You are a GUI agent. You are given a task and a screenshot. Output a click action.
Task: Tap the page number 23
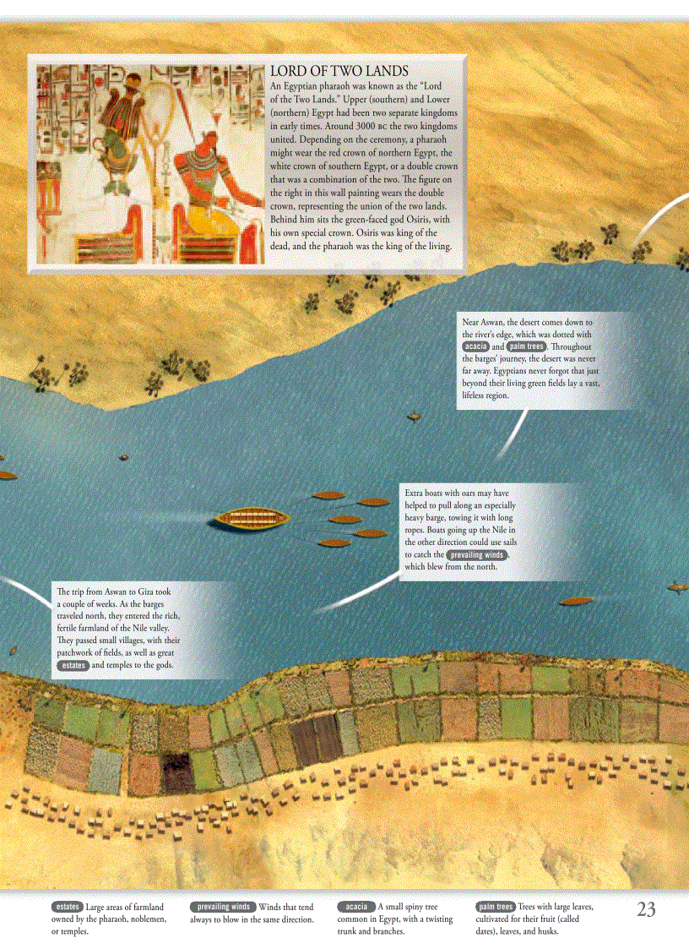pyautogui.click(x=646, y=910)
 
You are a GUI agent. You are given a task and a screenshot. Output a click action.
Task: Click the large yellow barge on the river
pyautogui.click(x=250, y=518)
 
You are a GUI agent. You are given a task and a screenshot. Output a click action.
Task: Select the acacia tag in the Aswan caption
pyautogui.click(x=476, y=346)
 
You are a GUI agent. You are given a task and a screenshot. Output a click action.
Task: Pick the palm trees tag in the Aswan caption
pyautogui.click(x=525, y=346)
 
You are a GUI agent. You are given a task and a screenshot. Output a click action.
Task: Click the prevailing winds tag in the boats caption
pyautogui.click(x=477, y=555)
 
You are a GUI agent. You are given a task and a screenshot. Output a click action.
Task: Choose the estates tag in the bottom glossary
pyautogui.click(x=66, y=907)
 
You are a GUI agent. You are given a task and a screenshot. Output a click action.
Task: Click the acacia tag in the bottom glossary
pyautogui.click(x=355, y=907)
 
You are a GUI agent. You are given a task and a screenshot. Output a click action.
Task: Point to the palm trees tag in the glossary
pyautogui.click(x=496, y=907)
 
